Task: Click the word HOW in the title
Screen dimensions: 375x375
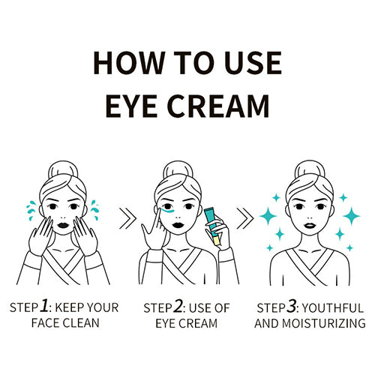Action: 128,63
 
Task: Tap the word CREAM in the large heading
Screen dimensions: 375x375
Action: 218,106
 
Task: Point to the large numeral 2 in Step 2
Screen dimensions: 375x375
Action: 178,306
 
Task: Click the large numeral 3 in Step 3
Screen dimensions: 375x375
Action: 291,306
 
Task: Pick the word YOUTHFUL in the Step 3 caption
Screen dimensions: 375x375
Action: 333,308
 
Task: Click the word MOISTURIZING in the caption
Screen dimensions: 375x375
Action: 324,323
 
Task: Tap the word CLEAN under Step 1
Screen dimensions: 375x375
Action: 81,322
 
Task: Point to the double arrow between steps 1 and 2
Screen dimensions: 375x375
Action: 127,218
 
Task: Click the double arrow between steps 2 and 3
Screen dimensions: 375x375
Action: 245,218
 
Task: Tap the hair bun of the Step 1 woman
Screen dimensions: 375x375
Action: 63,169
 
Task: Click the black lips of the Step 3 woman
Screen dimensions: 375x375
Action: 310,225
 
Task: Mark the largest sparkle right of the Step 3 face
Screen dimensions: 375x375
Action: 351,216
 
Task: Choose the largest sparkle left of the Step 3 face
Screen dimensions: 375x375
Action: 268,216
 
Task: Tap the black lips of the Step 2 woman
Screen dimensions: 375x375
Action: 178,225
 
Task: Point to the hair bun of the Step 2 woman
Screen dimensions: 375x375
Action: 178,169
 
